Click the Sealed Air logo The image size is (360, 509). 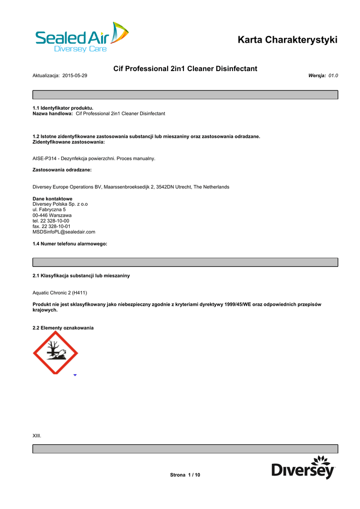[x=82, y=38]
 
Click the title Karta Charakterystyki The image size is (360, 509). [x=287, y=40]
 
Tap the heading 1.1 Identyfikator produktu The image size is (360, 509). [x=63, y=108]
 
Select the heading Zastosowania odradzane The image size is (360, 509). [x=62, y=170]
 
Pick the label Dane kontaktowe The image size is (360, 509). [x=52, y=199]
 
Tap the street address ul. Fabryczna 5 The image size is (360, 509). [x=49, y=210]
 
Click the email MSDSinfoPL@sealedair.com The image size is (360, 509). [x=64, y=232]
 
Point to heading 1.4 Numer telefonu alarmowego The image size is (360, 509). [x=70, y=244]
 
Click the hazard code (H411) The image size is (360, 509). [x=83, y=293]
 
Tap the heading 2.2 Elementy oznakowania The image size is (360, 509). [x=63, y=328]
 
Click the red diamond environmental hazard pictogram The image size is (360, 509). [x=55, y=353]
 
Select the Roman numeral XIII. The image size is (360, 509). [x=37, y=436]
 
